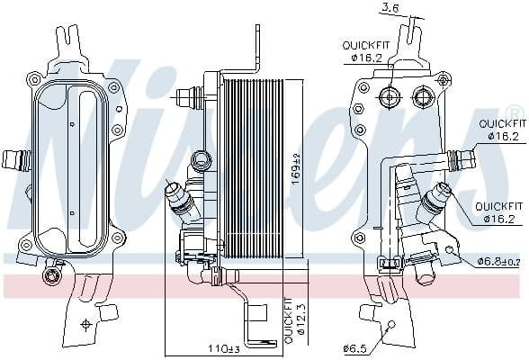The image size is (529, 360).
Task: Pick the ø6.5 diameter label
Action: [354, 348]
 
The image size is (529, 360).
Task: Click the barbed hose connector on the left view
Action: [16, 161]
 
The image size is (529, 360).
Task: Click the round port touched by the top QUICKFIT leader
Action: [389, 97]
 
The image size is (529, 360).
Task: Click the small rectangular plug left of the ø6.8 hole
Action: [391, 263]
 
